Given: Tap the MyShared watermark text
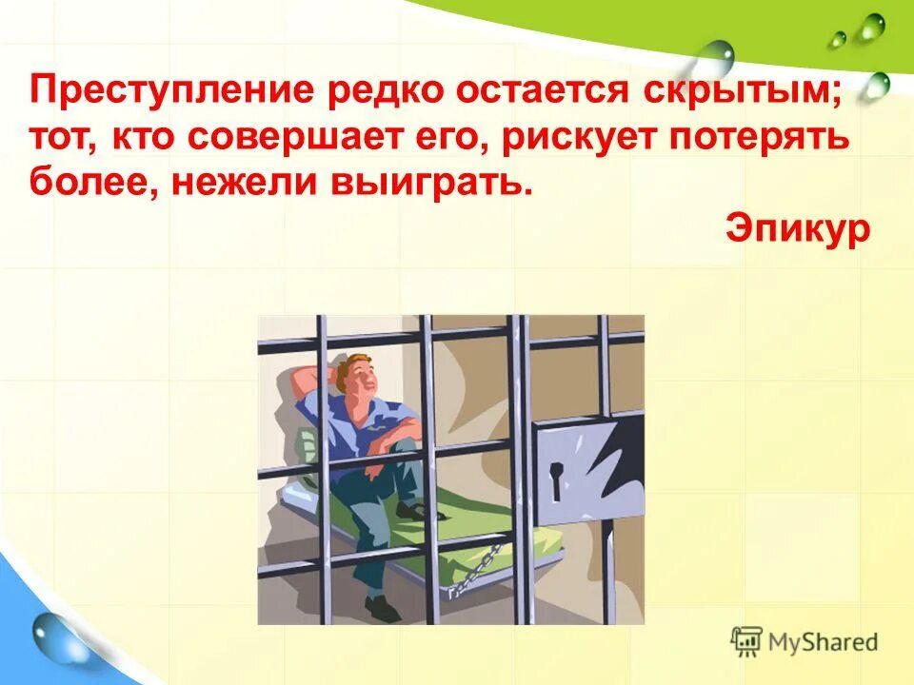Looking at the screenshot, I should pyautogui.click(x=824, y=642).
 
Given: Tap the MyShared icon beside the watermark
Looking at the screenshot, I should pyautogui.click(x=747, y=642).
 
